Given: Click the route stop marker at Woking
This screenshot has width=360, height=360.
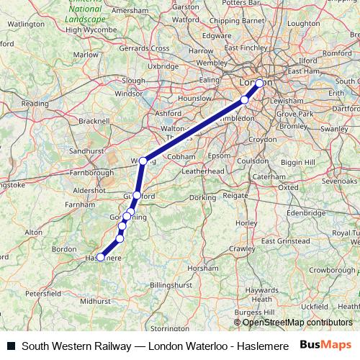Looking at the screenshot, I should [144, 161].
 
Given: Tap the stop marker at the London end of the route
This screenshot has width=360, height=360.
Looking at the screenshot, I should [259, 83].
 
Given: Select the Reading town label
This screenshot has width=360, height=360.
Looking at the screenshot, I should [34, 104].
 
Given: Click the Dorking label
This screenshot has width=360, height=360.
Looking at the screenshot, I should [203, 197].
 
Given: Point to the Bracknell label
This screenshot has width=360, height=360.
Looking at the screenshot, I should [95, 121].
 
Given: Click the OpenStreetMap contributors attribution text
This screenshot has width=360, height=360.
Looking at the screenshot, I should [297, 323].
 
